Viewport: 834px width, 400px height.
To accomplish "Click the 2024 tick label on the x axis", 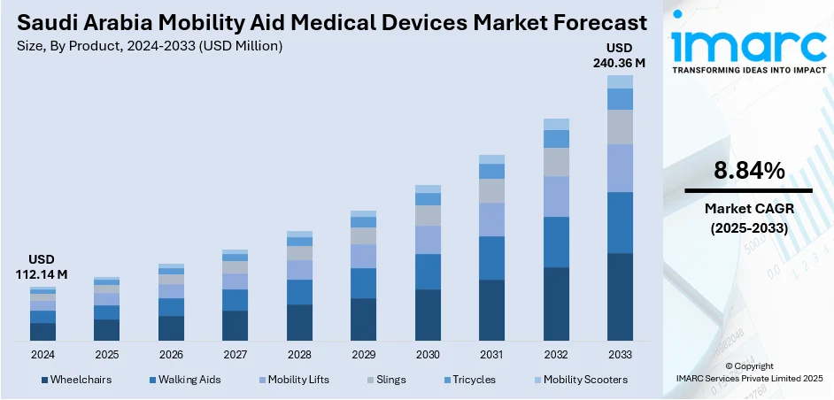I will tap(42, 354).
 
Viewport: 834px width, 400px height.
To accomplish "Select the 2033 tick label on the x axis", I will tap(620, 354).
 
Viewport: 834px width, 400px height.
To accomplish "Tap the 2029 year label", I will tap(363, 354).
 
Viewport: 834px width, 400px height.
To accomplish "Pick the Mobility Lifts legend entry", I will tap(297, 380).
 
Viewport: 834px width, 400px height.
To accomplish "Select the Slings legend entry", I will tap(390, 380).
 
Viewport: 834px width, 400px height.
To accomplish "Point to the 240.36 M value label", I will tap(620, 63).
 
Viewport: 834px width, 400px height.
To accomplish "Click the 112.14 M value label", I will tap(42, 274).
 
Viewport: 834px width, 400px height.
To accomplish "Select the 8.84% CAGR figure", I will tap(748, 172).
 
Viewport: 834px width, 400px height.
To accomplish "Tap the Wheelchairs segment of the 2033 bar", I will tap(620, 296).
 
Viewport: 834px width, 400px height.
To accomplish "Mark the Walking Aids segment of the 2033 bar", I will tap(620, 222).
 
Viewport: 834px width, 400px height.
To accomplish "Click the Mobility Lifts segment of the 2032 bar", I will tap(556, 196).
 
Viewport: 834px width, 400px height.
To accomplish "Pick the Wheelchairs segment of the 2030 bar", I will tap(428, 315).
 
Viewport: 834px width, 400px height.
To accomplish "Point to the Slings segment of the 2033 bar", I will tap(620, 127).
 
